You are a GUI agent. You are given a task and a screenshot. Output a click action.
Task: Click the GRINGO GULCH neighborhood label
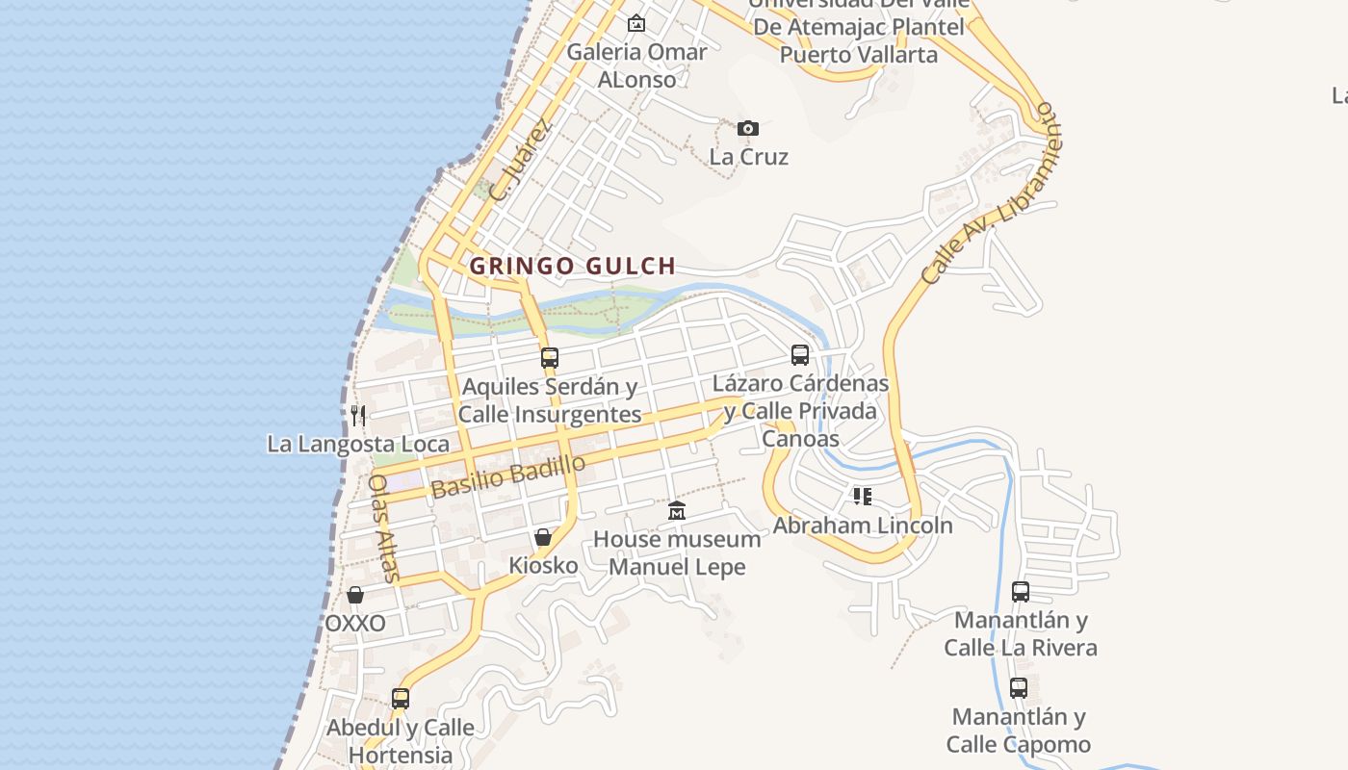point(572,267)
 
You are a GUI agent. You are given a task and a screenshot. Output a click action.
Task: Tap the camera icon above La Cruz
point(748,128)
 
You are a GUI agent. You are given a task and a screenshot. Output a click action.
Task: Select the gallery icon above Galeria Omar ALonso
point(635,23)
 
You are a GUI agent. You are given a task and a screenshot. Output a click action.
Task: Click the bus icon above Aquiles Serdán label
point(549,358)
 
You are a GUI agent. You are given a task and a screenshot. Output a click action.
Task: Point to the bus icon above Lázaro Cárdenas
point(800,355)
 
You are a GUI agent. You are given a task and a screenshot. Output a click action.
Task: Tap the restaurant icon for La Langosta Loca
point(358,416)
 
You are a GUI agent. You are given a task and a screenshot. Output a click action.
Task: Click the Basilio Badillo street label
point(507,476)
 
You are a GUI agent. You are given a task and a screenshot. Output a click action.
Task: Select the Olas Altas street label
point(384,528)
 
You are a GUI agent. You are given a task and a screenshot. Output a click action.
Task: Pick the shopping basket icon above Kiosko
point(543,537)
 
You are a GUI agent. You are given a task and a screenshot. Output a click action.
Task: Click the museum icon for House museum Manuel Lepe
point(677,510)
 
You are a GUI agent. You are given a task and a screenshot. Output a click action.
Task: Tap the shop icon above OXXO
point(355,595)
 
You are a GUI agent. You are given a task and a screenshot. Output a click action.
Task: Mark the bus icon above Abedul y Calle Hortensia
point(401,698)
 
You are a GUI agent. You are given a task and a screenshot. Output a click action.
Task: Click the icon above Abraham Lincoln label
point(863,497)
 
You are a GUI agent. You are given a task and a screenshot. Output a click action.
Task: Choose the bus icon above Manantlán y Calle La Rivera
point(1021,591)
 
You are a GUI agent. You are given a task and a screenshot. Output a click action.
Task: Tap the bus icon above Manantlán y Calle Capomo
point(1019,688)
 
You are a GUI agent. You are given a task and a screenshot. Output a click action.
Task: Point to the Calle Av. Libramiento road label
point(990,192)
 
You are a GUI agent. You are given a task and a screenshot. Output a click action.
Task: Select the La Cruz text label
point(749,157)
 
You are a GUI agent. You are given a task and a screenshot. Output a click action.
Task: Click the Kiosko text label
point(543,565)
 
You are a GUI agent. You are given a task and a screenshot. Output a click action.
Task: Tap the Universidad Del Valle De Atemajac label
point(858,28)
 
